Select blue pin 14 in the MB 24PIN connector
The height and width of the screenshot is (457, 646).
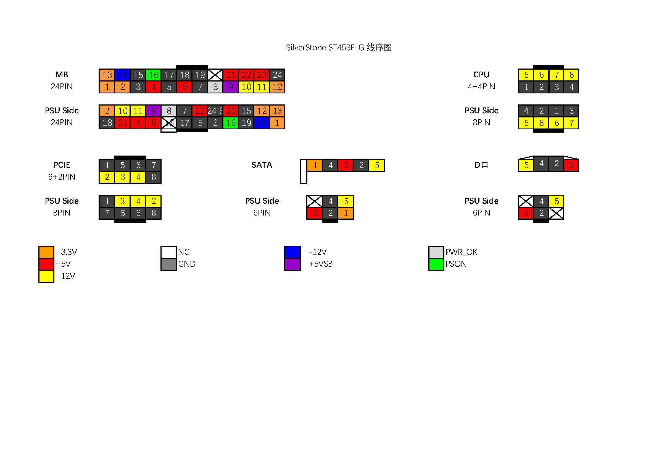(122, 75)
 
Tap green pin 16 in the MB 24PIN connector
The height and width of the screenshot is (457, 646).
(153, 75)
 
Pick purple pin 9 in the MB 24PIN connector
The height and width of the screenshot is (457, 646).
(231, 87)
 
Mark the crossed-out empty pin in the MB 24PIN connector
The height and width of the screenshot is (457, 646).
(215, 75)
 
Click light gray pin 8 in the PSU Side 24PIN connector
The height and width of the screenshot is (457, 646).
(169, 111)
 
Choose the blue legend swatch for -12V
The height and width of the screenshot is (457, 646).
(292, 252)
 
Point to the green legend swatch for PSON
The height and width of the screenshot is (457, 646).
(436, 264)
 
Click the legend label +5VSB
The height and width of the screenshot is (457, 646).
(320, 264)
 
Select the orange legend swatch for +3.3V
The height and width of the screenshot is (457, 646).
(46, 252)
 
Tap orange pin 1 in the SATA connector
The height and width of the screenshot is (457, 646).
(315, 165)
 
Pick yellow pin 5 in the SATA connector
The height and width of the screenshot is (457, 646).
(377, 165)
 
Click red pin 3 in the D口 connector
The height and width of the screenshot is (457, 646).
(571, 165)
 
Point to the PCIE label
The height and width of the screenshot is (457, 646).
(62, 165)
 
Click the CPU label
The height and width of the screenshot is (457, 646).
(481, 75)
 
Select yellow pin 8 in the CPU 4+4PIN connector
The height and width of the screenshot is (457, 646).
(571, 75)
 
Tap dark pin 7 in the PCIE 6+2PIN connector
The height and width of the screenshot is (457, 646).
(154, 165)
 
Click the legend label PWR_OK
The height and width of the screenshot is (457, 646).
(461, 252)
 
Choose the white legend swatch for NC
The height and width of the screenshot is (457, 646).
(168, 252)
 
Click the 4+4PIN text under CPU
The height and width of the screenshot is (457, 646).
(481, 87)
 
